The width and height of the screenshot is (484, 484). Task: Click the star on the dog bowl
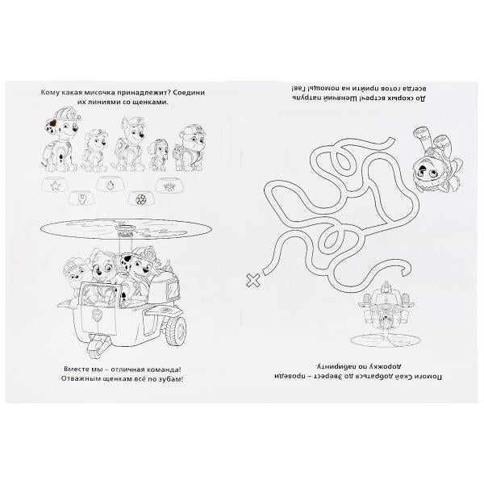[x=55, y=186]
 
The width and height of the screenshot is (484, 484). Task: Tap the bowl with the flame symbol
[x=109, y=184]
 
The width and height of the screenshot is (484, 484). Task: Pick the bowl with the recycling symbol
[x=140, y=198]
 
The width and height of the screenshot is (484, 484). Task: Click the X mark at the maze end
[x=252, y=281]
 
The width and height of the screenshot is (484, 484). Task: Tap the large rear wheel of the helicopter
[x=176, y=331]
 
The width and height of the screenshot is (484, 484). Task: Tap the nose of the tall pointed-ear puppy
[x=141, y=136]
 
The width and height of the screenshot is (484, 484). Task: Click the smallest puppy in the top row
[x=158, y=155]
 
